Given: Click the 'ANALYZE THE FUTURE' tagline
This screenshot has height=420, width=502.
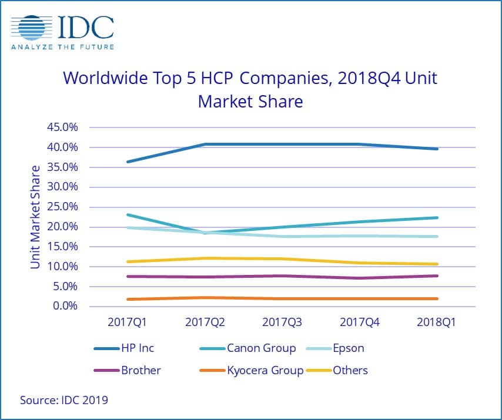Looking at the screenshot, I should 62,47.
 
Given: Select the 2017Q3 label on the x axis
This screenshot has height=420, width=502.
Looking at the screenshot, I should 282,322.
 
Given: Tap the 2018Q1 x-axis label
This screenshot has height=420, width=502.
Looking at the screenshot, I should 436,322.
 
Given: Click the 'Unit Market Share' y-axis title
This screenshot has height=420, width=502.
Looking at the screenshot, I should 36,217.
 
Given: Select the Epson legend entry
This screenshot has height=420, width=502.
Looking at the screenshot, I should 349,348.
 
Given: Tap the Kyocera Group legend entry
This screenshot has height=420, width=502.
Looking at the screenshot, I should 265,370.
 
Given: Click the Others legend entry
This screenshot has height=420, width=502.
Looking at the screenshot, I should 350,370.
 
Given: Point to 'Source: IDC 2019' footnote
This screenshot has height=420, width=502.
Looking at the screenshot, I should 64,400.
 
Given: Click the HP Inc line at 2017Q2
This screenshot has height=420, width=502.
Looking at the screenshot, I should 205,144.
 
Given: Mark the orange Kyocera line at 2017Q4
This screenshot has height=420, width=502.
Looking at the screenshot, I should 359,298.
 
